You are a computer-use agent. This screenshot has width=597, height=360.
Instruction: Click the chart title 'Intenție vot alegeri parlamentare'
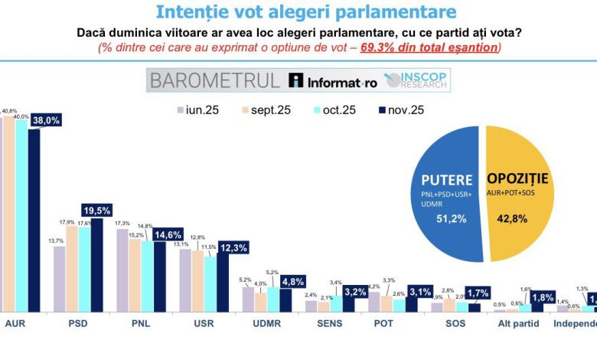(x=305, y=12)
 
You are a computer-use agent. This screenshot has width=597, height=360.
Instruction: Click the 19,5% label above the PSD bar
(x=97, y=210)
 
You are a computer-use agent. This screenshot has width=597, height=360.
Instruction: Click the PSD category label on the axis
(x=78, y=324)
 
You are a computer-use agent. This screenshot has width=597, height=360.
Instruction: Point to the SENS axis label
(x=329, y=324)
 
